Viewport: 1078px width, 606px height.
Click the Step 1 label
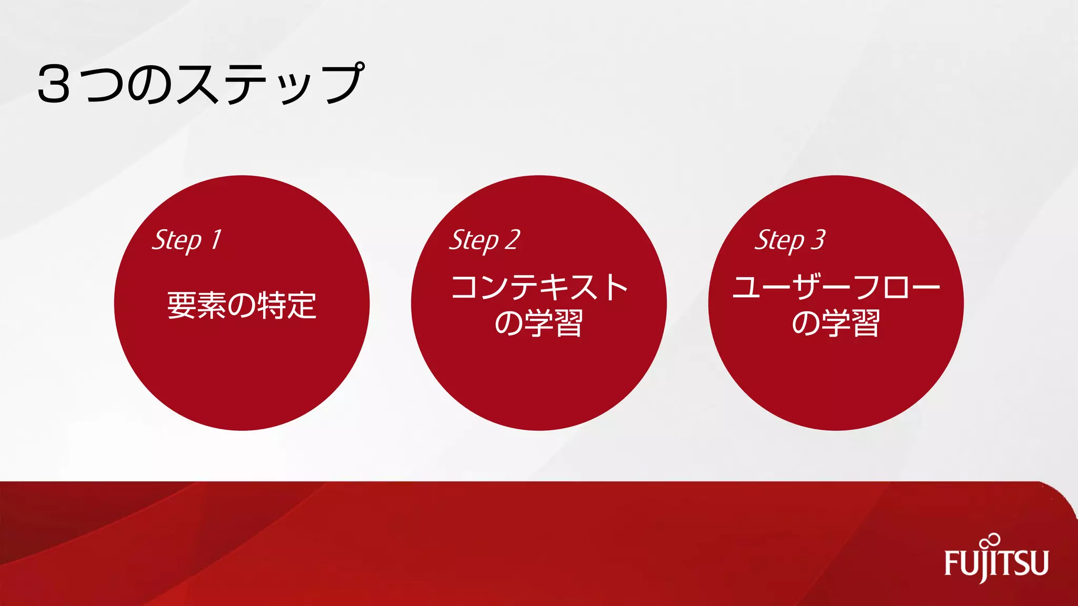pyautogui.click(x=187, y=240)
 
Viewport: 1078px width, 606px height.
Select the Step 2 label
pyautogui.click(x=484, y=240)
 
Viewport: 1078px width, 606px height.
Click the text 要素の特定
pyautogui.click(x=242, y=305)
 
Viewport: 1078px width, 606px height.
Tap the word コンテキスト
pyautogui.click(x=539, y=287)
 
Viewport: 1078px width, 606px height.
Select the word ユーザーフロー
pyautogui.click(x=836, y=287)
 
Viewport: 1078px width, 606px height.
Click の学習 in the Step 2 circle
pyautogui.click(x=539, y=323)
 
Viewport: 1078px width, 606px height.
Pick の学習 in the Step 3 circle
pyautogui.click(x=836, y=323)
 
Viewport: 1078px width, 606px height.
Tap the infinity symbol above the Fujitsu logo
pyautogui.click(x=991, y=541)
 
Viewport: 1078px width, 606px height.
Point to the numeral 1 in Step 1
pyautogui.click(x=216, y=240)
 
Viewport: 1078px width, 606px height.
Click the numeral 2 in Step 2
pyautogui.click(x=512, y=240)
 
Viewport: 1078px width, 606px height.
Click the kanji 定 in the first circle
pyautogui.click(x=302, y=305)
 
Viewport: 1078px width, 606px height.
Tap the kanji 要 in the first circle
pyautogui.click(x=182, y=305)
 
